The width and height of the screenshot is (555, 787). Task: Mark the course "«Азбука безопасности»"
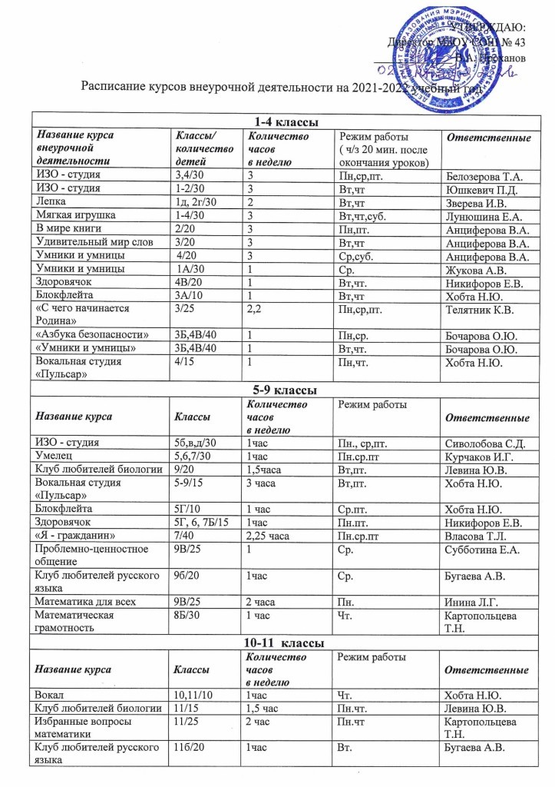coord(92,335)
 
